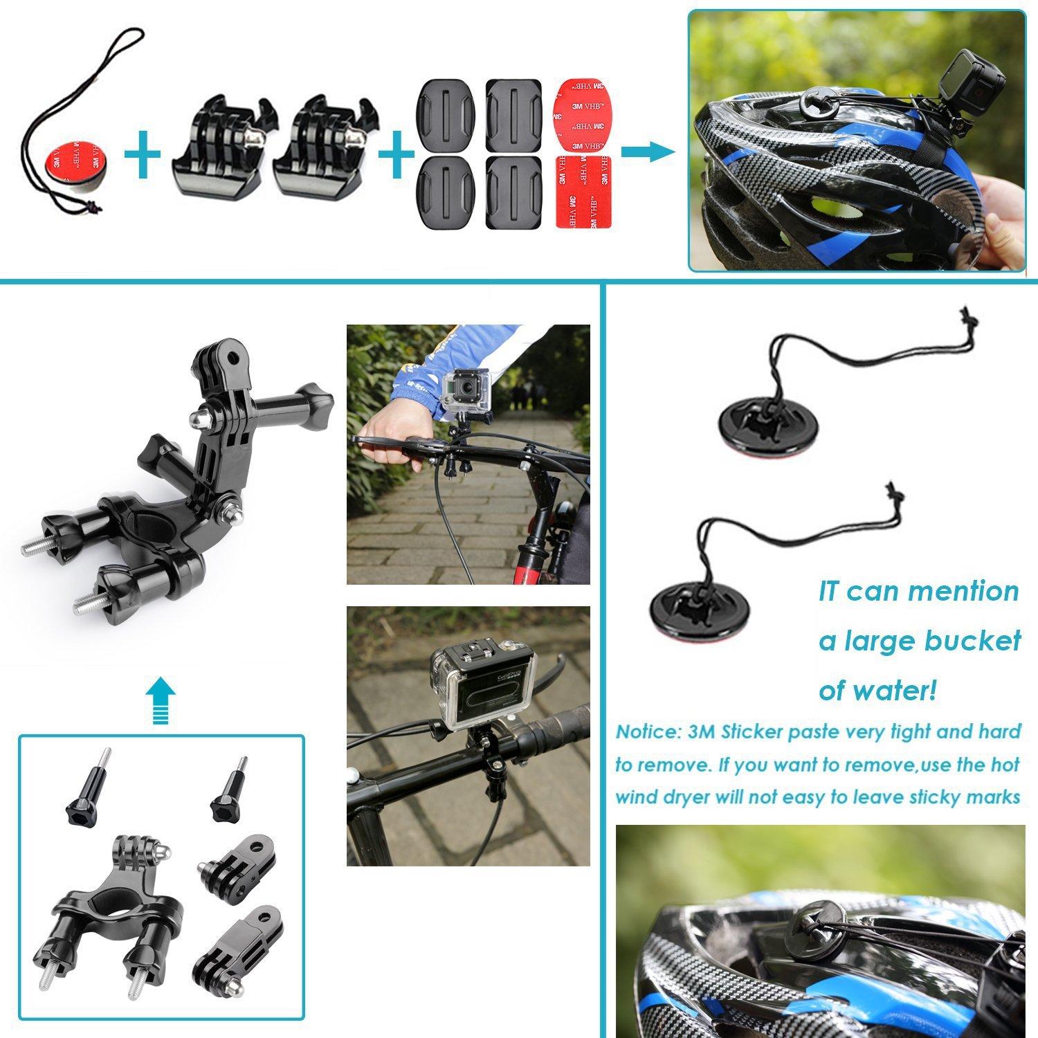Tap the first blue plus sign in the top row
(x=143, y=153)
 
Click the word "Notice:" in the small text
(x=648, y=732)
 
